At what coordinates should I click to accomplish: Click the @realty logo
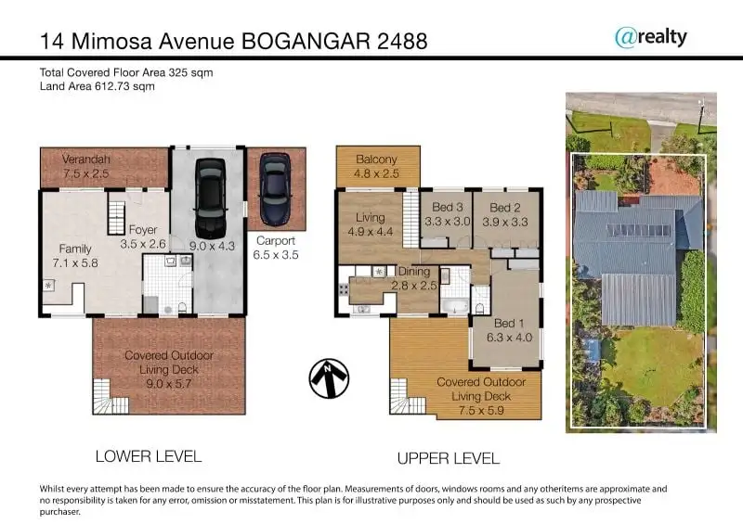(x=651, y=37)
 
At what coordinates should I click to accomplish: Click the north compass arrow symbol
(x=329, y=377)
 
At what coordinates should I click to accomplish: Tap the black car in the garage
(x=210, y=198)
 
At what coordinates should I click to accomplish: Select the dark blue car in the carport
(x=275, y=188)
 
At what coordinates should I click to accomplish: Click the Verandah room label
(x=85, y=159)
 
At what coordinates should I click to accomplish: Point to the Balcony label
(x=377, y=160)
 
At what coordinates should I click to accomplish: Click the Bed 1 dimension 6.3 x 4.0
(x=509, y=338)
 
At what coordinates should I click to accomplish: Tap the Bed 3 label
(x=448, y=208)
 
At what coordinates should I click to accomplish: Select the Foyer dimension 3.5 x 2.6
(x=143, y=244)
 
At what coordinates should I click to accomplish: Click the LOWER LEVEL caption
(x=149, y=456)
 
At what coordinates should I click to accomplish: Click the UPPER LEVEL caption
(x=449, y=458)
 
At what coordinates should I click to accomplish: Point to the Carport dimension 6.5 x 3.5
(x=276, y=255)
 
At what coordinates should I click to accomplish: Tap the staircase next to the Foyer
(x=116, y=218)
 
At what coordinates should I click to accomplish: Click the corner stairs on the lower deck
(x=111, y=397)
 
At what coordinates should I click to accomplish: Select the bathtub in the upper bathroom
(x=454, y=306)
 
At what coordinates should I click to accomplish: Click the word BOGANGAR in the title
(x=306, y=42)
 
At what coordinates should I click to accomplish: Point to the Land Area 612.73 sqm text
(x=98, y=86)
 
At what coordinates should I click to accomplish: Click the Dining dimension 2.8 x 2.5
(x=414, y=286)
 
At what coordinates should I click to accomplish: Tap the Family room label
(x=75, y=249)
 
